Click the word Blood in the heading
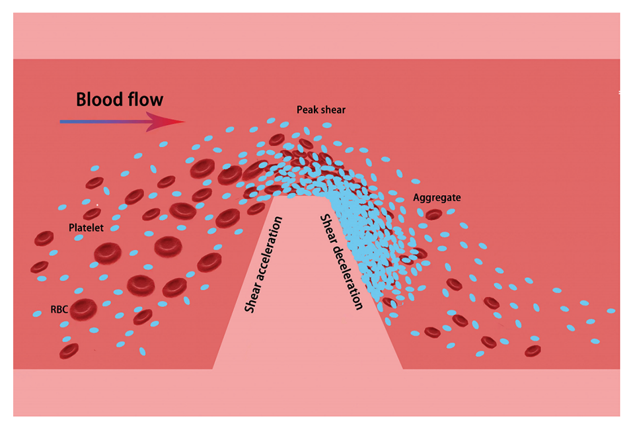98,100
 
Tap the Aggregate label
436,197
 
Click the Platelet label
86,228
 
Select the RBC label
59,308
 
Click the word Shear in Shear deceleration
328,227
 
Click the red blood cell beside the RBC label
84,308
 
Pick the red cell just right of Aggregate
433,214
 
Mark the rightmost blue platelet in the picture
611,310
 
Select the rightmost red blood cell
533,351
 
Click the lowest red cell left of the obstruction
69,350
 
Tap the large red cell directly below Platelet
106,252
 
